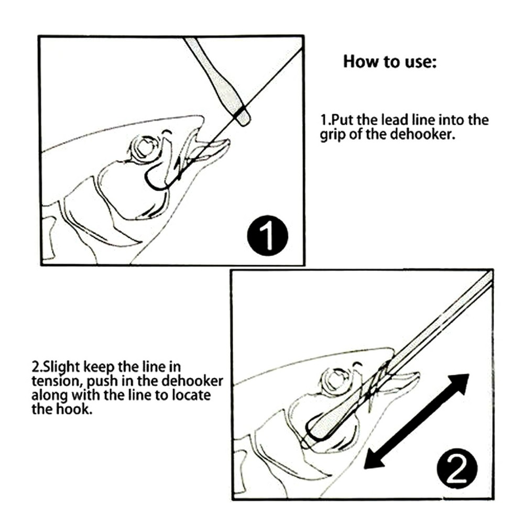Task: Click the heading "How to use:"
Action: click(389, 62)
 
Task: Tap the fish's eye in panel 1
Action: click(141, 148)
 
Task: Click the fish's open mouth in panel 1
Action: click(207, 149)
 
